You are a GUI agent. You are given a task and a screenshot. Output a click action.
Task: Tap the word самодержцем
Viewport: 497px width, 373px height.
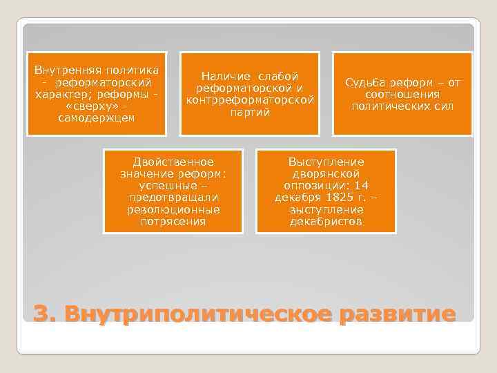tap(97, 118)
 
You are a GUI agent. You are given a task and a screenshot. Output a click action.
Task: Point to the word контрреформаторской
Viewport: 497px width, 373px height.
tap(250, 99)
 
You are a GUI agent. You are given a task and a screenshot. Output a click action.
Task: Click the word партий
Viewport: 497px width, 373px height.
tap(250, 112)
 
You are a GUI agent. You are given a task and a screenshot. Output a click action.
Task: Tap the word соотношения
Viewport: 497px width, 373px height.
tap(402, 95)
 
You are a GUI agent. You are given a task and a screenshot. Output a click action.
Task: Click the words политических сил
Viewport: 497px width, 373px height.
tap(402, 106)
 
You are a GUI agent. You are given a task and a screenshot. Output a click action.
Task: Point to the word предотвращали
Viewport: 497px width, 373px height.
tap(173, 198)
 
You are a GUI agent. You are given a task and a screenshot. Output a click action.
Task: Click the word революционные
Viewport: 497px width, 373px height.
tap(173, 210)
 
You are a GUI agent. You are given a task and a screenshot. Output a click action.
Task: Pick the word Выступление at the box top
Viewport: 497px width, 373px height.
tap(327, 162)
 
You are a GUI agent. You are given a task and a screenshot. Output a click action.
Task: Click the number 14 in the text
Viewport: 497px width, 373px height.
tap(362, 186)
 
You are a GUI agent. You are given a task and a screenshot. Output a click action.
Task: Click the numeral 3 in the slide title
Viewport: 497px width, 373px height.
tap(43, 313)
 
